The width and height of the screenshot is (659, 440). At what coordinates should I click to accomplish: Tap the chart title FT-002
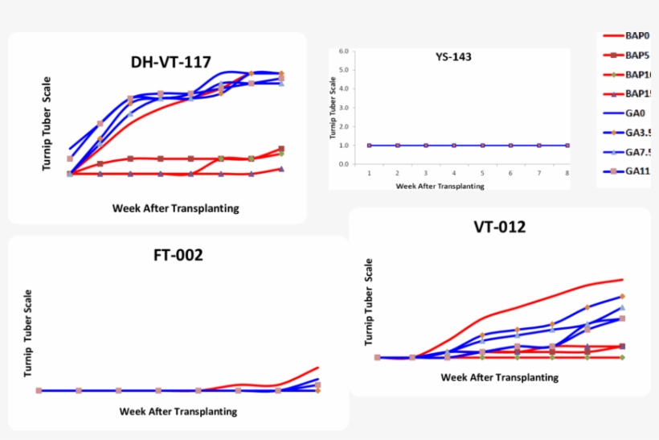(x=178, y=256)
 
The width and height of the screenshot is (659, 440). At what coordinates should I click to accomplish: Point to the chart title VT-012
(x=500, y=227)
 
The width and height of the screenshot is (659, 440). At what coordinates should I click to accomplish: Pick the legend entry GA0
(x=635, y=113)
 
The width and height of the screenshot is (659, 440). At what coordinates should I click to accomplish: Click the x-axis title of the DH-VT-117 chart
(x=175, y=208)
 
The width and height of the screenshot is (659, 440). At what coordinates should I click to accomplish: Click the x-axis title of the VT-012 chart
(x=500, y=376)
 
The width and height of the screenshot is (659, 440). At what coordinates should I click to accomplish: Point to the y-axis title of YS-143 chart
(x=333, y=107)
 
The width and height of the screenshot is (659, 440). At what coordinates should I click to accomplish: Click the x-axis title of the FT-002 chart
(x=178, y=411)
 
